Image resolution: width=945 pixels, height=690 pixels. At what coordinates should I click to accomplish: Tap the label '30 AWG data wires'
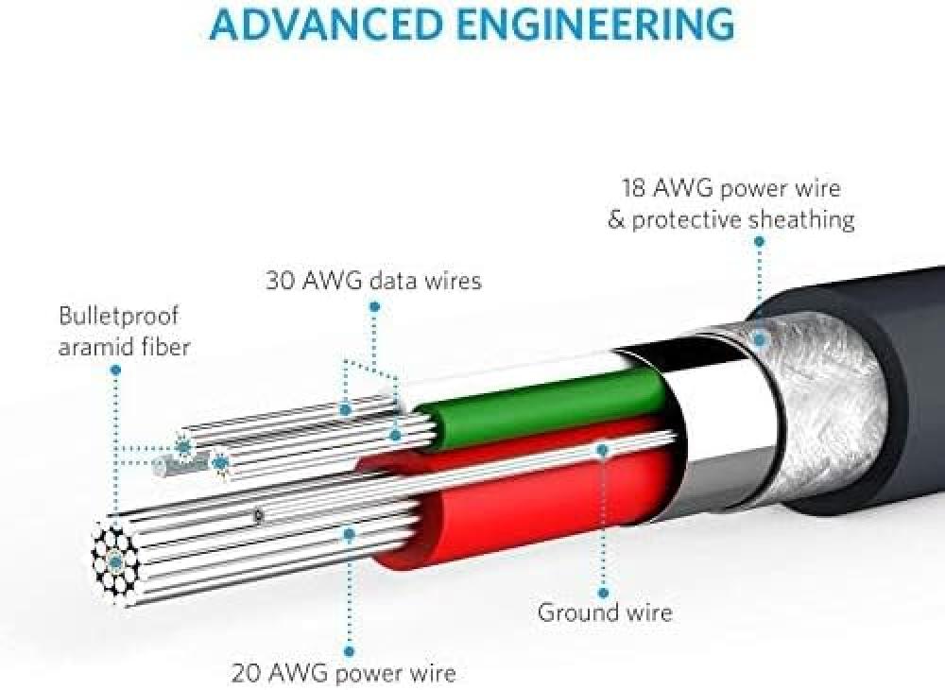pyautogui.click(x=373, y=281)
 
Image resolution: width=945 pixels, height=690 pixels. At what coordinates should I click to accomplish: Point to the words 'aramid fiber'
pyautogui.click(x=124, y=347)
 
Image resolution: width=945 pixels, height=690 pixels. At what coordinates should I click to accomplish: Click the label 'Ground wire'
pyautogui.click(x=605, y=612)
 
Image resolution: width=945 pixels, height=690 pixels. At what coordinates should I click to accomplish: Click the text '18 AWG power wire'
pyautogui.click(x=731, y=189)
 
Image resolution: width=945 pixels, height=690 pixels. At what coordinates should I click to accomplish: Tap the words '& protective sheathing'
pyautogui.click(x=731, y=219)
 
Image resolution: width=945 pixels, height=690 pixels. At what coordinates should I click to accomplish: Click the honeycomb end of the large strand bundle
pyautogui.click(x=115, y=561)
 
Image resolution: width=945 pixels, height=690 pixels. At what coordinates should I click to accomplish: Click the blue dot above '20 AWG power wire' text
pyautogui.click(x=349, y=651)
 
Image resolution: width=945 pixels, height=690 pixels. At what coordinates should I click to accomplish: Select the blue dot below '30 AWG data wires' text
pyautogui.click(x=374, y=307)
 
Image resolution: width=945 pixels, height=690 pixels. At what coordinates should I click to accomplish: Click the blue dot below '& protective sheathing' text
pyautogui.click(x=760, y=241)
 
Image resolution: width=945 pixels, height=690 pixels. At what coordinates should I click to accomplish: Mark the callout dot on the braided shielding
pyautogui.click(x=760, y=339)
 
